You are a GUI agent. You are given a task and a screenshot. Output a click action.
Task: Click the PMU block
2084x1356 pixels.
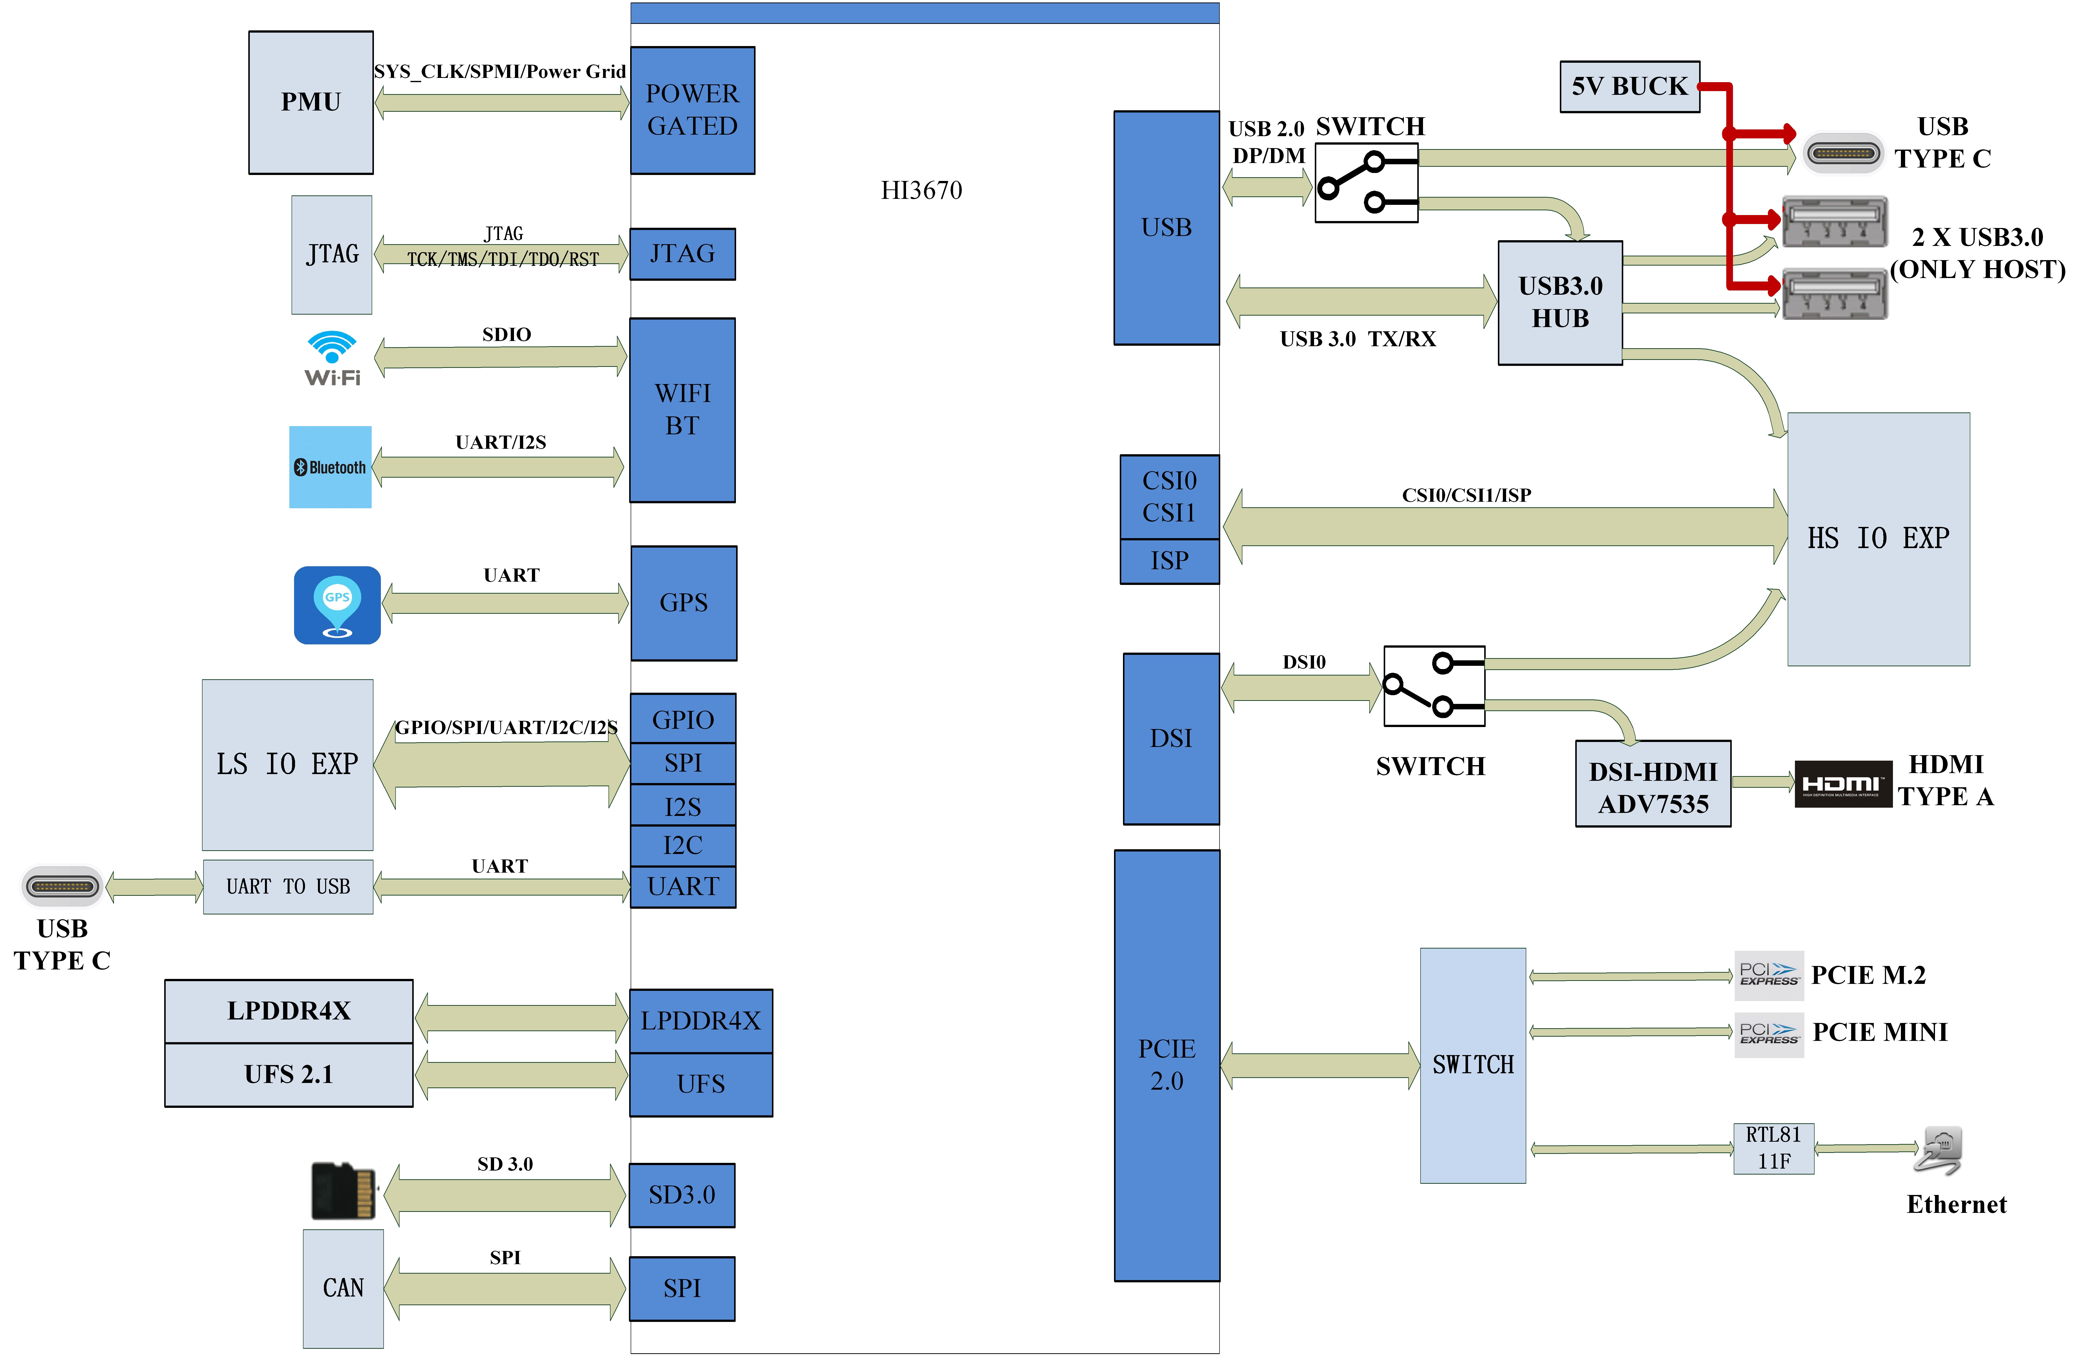click(x=311, y=103)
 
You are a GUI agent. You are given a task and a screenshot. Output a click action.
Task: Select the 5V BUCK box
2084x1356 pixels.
click(x=1629, y=87)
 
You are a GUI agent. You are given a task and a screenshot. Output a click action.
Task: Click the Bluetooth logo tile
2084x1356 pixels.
click(x=330, y=467)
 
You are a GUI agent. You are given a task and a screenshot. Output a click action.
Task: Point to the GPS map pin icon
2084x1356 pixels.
click(x=337, y=605)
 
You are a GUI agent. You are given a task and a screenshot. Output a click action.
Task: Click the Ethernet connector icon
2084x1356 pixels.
click(x=1939, y=1150)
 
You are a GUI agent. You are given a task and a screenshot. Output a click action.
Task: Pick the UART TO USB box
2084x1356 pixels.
click(x=288, y=887)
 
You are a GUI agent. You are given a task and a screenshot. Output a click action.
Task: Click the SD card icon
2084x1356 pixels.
click(x=344, y=1191)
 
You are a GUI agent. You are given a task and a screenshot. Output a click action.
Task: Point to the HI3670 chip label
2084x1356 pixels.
click(x=921, y=190)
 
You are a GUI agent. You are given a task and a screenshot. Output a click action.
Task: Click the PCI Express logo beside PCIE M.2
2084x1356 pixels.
click(x=1769, y=975)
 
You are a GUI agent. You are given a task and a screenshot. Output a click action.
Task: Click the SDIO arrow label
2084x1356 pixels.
click(x=506, y=335)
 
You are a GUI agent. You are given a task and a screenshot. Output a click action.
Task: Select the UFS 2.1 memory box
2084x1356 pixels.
click(x=289, y=1075)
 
